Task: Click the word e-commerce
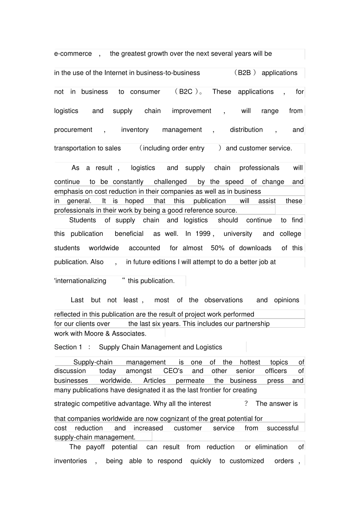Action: [x=73, y=54]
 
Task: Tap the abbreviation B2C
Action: [x=186, y=92]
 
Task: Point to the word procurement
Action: [x=73, y=130]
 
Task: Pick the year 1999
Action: [x=203, y=234]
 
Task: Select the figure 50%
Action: [x=218, y=248]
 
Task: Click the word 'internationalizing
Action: [x=80, y=281]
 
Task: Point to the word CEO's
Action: [x=173, y=371]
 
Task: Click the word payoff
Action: [x=95, y=447]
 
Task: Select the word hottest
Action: [x=250, y=362]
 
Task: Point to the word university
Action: [x=238, y=234]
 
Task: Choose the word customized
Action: [x=247, y=461]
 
